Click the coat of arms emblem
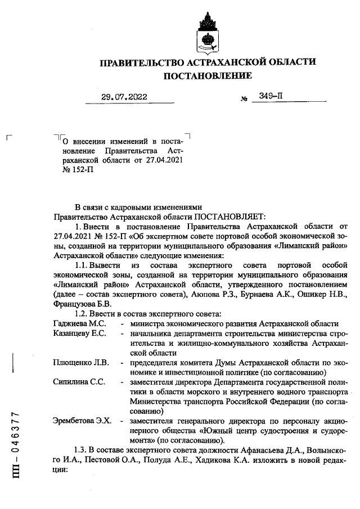point(208,32)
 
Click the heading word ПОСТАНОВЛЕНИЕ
point(208,75)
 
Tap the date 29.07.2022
point(124,97)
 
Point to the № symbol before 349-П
point(244,99)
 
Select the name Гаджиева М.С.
point(75,323)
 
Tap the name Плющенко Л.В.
point(77,362)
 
